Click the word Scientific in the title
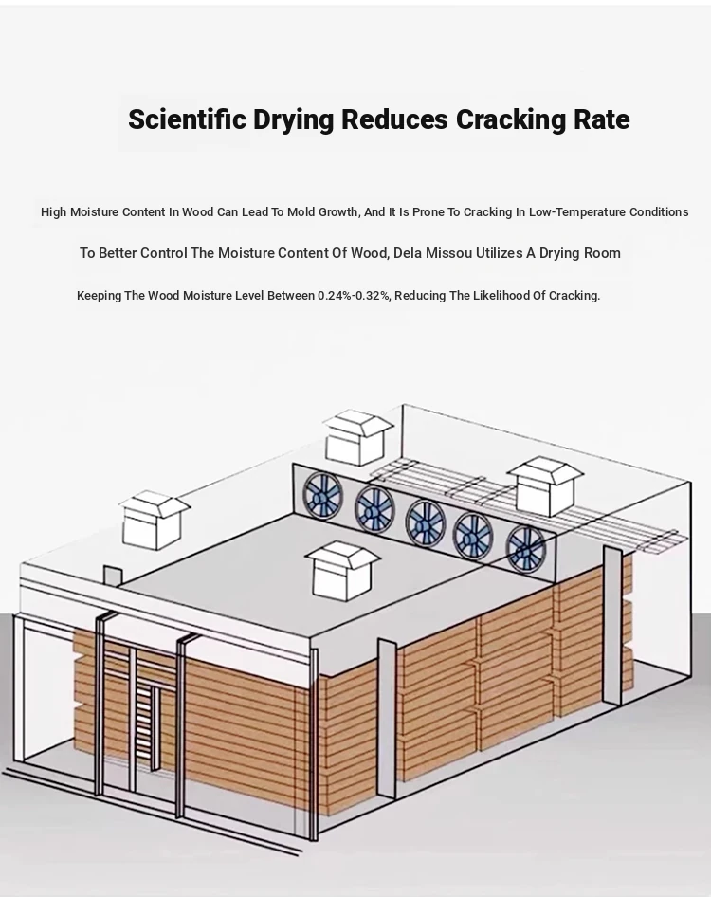[x=188, y=119]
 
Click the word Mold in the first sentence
[x=301, y=212]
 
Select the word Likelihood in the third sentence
[x=505, y=296]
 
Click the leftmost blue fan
[x=322, y=495]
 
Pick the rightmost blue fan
[x=526, y=549]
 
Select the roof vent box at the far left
[x=154, y=520]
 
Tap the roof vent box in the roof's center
[x=342, y=571]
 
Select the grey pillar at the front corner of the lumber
[x=387, y=719]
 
